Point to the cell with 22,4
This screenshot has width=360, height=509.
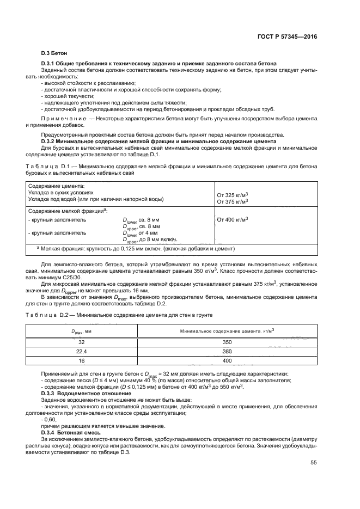(82, 351)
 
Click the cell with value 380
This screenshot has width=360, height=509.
(227, 351)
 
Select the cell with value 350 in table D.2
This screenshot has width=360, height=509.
(227, 342)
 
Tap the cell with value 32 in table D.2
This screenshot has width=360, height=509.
(82, 342)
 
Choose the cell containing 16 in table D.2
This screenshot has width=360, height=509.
(82, 360)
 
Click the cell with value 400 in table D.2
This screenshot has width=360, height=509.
(227, 360)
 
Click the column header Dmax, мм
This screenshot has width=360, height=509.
(82, 330)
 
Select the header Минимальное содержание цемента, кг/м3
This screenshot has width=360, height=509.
(227, 330)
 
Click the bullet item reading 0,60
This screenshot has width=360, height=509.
(49, 420)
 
